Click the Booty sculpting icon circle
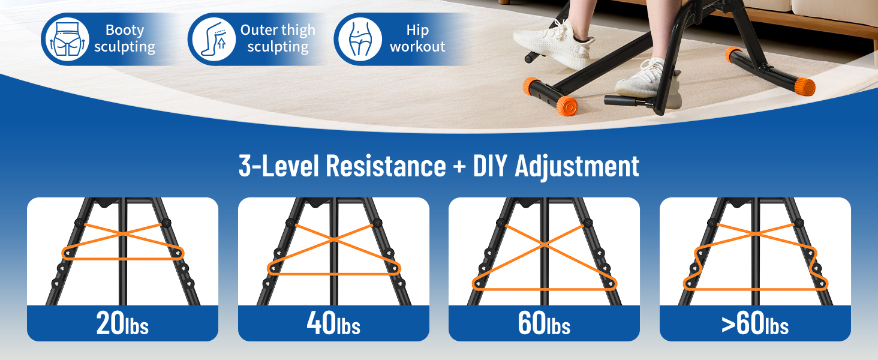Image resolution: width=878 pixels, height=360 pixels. pos(67,39)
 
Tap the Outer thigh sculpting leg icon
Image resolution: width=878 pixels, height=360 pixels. pos(214,39)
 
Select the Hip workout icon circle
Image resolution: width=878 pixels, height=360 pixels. pos(360,39)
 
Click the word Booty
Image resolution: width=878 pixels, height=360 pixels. pos(125,30)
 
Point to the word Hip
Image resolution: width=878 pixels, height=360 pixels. pos(417,30)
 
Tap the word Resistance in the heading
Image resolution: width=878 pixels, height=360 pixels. pos(386,166)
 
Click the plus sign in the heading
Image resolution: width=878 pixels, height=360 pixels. pos(459,166)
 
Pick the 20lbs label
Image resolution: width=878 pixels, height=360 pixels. pos(122,323)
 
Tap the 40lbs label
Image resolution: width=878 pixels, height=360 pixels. pos(333,323)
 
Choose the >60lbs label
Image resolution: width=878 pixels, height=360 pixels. pos(755,323)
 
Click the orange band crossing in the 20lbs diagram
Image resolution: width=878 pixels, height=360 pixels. pos(123,233)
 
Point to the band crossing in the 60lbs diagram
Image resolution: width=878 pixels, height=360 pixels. pos(545,245)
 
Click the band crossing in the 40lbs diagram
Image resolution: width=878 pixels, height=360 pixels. pos(333,239)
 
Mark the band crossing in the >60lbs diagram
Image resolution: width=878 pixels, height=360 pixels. pos(755,234)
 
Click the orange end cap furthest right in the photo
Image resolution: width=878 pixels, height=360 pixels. pos(804,87)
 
